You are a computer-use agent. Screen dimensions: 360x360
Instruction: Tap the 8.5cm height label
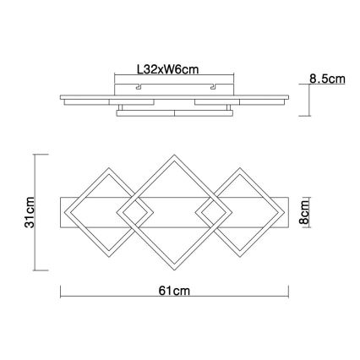click(x=328, y=79)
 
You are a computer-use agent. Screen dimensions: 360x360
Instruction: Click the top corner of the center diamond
click(x=174, y=155)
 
